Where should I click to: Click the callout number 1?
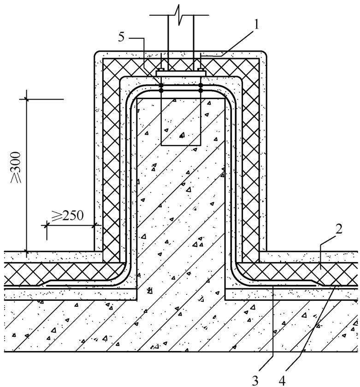tap(256, 24)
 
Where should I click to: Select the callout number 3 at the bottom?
tap(255, 381)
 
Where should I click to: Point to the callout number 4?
tap(282, 381)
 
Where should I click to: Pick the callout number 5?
tap(121, 37)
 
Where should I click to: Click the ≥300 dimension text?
tap(16, 167)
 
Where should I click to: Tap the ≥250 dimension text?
tap(67, 216)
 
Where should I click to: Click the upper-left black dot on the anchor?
tap(161, 85)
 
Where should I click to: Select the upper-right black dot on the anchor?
tap(201, 85)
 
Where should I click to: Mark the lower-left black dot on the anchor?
tap(161, 91)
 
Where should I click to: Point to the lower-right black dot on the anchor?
tap(201, 91)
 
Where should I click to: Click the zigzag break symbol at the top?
tap(179, 15)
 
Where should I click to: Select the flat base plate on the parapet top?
tap(181, 74)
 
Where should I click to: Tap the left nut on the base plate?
tap(161, 70)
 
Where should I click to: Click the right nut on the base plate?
tap(201, 70)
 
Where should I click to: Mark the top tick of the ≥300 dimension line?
tap(26, 99)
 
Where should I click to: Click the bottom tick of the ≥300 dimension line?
tap(26, 251)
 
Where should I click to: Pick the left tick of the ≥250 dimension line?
tap(47, 225)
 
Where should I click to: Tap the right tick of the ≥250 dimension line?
tap(94, 225)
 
